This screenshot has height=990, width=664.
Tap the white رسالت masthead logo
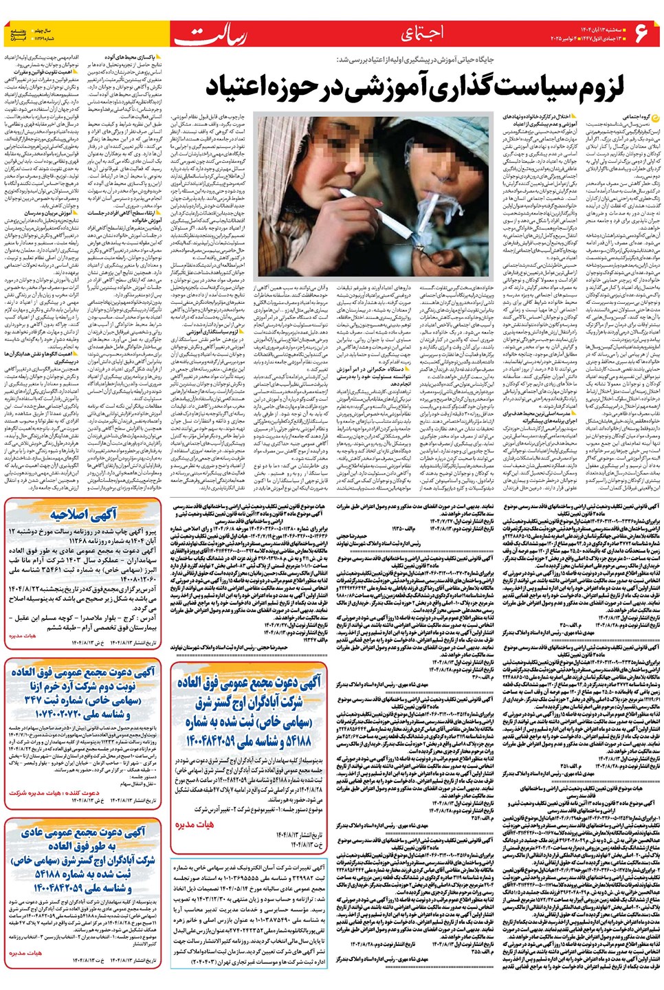(x=210, y=34)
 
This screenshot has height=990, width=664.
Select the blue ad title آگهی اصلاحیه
(x=84, y=516)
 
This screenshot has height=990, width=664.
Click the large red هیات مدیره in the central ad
(x=195, y=824)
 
